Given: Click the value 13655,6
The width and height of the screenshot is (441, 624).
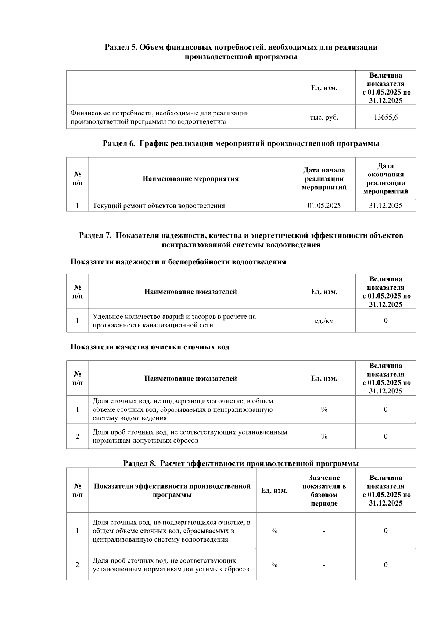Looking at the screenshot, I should coord(386,117).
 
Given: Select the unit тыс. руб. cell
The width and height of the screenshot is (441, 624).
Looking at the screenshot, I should coord(324,117).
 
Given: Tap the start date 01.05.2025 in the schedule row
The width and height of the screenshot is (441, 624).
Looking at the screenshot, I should coord(324,206).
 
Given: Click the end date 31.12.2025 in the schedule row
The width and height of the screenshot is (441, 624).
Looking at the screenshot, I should coord(386,206).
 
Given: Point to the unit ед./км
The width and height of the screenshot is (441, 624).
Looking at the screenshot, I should coord(324,321).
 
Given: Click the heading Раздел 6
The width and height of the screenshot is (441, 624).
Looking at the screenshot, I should coord(241,143).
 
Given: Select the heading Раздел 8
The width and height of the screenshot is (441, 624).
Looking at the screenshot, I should coord(241,463).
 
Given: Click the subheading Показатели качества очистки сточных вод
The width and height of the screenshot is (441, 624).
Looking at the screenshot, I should coord(150,347).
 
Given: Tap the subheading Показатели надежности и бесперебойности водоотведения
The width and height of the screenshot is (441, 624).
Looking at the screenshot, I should coord(178,262).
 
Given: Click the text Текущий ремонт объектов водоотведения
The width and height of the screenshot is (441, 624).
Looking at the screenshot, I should coord(158,206).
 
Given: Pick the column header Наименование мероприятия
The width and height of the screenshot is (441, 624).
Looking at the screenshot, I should coord(190,179).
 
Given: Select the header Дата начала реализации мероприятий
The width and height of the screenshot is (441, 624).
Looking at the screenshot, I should coord(324,179).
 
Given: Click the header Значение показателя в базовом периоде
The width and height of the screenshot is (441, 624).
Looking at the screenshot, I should coord(324,490).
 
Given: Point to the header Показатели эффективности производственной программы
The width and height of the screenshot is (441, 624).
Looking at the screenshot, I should coord(172,490).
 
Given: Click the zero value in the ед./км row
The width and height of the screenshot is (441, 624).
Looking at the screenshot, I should coord(386,321).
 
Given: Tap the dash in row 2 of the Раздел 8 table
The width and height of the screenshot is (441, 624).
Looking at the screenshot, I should coord(324,565).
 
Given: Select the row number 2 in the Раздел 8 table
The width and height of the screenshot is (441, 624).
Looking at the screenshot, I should coord(77,565).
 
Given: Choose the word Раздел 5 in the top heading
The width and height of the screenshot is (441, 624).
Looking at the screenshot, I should coord(121,47).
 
